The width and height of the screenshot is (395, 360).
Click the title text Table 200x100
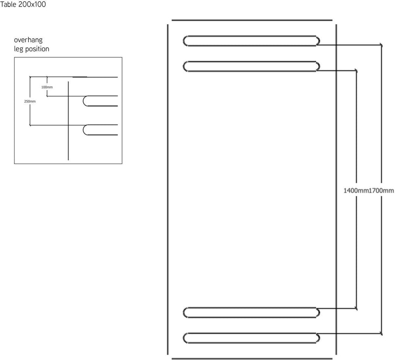23,4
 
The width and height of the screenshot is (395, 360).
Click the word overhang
28,40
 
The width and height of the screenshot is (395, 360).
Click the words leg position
32,49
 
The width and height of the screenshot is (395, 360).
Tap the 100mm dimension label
47,87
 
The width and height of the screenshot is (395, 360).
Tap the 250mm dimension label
30,101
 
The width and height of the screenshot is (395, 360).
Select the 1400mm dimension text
356,191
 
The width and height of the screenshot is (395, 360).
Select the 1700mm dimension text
381,191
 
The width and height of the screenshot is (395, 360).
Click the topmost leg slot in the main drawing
251,41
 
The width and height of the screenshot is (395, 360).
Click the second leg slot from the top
251,66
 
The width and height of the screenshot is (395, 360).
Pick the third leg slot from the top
251,313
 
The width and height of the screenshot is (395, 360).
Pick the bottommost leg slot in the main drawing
251,338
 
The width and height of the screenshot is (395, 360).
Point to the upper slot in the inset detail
83,101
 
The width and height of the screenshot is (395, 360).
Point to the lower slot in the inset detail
83,130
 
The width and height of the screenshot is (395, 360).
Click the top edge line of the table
252,20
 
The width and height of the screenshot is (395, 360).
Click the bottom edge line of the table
252,359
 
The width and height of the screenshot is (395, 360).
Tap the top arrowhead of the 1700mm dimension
381,45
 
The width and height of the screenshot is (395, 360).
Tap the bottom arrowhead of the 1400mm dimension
356,308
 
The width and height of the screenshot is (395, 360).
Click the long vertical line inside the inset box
68,121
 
